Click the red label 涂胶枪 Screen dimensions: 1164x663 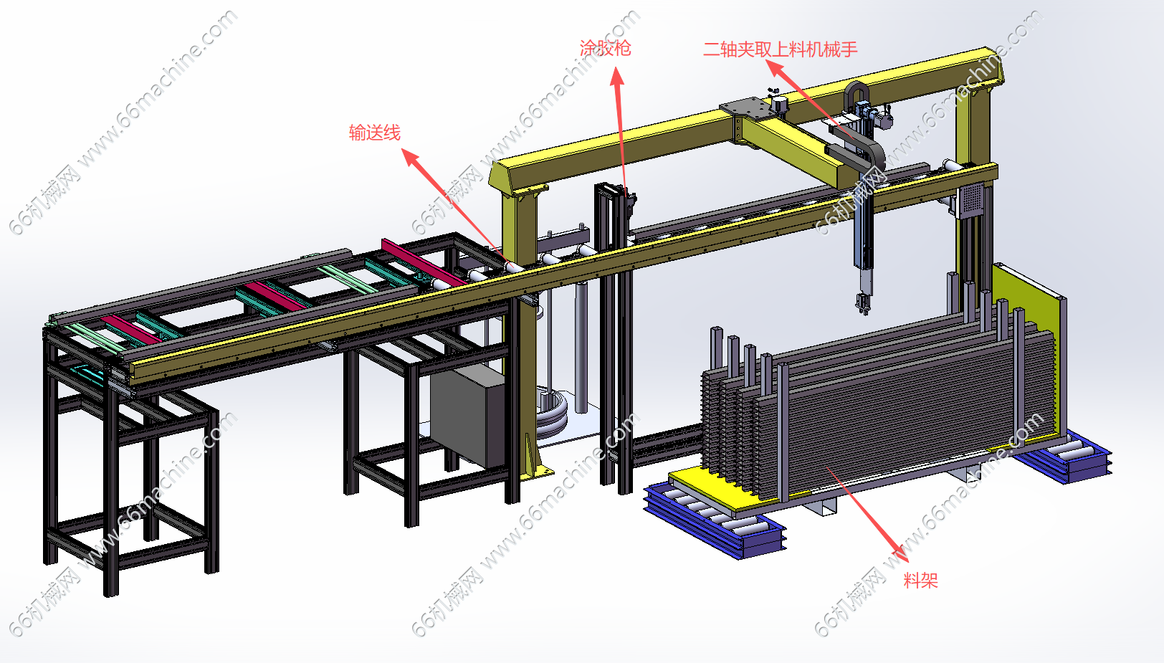click(x=606, y=48)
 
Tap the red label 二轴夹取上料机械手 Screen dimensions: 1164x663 click(x=780, y=49)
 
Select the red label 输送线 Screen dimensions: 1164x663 click(x=375, y=133)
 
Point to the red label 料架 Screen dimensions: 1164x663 click(x=920, y=580)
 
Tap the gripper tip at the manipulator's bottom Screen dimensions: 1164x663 click(x=863, y=305)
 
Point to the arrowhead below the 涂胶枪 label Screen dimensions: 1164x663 click(x=617, y=76)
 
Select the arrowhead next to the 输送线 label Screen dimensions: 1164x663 click(x=411, y=158)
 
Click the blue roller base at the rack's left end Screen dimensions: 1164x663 click(x=715, y=520)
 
